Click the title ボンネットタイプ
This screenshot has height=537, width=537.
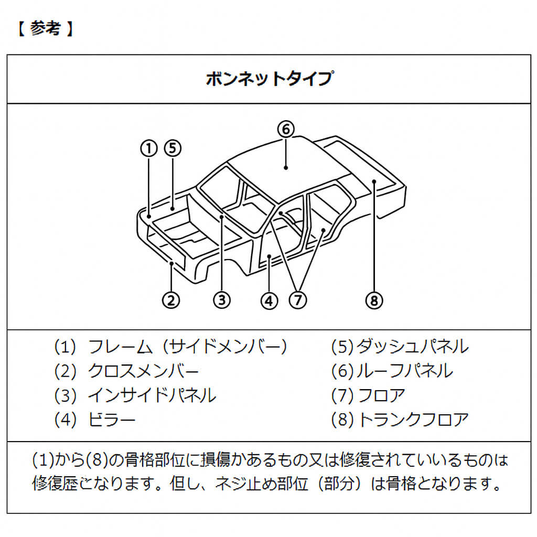(268, 79)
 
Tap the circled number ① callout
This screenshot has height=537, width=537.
(149, 148)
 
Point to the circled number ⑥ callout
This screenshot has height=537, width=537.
(286, 129)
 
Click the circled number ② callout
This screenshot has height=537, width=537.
(171, 300)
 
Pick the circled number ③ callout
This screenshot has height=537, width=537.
(222, 300)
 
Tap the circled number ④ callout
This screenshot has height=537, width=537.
(268, 300)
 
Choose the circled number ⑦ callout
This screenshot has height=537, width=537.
(297, 300)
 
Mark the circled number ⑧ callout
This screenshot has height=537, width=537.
(374, 300)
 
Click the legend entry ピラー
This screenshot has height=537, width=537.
(112, 420)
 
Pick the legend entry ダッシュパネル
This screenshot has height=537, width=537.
(412, 347)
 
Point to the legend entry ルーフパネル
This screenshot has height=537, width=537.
(404, 371)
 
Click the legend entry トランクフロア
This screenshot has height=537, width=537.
(412, 420)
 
